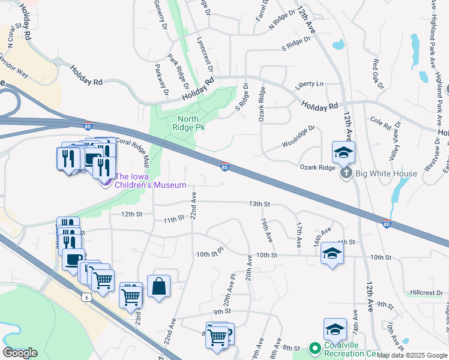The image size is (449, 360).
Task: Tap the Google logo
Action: pos(20,353)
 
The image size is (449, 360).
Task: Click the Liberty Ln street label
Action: pos(309,85)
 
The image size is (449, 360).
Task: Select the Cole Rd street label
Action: pos(381,123)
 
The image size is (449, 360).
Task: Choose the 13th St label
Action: pos(261,204)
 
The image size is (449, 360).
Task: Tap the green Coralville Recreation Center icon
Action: pos(314,348)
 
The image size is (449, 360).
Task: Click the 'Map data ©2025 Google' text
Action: pos(412,355)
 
